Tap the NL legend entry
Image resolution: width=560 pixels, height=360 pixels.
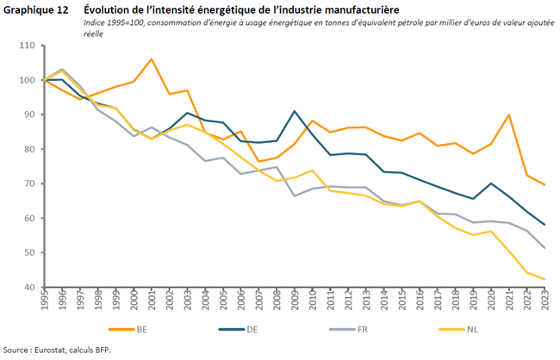[479, 328]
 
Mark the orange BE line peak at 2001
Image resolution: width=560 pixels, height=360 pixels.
[151, 59]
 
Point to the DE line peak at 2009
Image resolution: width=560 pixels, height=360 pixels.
[296, 111]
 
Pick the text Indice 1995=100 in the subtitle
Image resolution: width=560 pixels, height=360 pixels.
[115, 22]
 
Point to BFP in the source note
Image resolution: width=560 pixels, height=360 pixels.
[103, 351]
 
